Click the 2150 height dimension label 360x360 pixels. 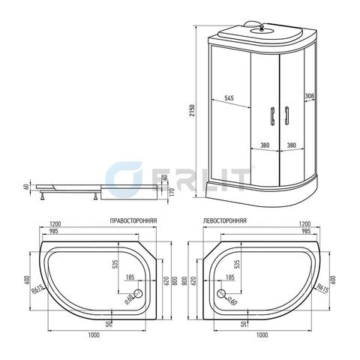tap(192, 110)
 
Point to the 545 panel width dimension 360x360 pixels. tap(229, 98)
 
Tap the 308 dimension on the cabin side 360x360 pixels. tap(310, 96)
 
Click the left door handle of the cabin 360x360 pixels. tap(272, 115)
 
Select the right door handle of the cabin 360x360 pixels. tap(286, 115)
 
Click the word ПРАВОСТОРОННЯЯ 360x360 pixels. tap(133, 221)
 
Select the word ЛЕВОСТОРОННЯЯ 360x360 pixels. tap(225, 220)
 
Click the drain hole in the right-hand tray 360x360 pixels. tap(138, 293)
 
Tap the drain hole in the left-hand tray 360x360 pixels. tap(221, 293)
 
